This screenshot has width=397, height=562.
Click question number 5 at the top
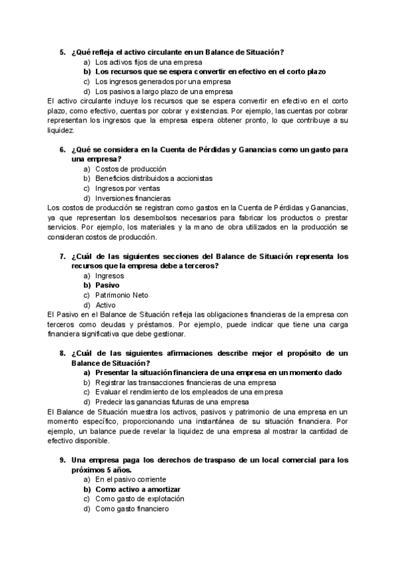click(x=62, y=52)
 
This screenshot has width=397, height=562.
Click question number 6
click(x=62, y=150)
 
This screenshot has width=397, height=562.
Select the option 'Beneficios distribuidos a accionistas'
click(x=154, y=179)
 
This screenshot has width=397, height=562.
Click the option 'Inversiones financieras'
click(x=133, y=197)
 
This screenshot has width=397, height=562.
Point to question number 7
click(x=62, y=256)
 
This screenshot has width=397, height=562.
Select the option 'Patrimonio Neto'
click(x=122, y=295)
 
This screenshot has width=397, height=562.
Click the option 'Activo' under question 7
click(x=105, y=305)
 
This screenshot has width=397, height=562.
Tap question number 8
click(x=62, y=354)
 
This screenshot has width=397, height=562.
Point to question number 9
click(x=62, y=460)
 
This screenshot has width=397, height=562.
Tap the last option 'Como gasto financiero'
click(x=132, y=509)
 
